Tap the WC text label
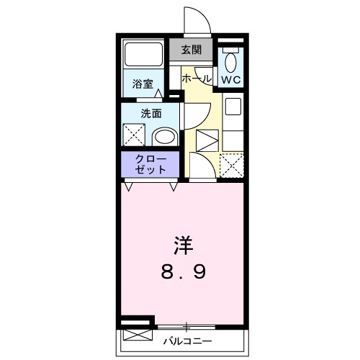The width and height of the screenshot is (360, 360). point(230,79)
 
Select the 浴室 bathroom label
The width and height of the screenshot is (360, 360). point(142,84)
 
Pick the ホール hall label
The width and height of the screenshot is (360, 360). point(196,78)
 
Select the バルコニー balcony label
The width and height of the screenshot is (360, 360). point(186,338)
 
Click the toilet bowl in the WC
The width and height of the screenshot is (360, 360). point(230,59)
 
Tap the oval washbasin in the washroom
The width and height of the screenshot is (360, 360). point(165,136)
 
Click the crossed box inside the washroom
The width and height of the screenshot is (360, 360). point(134,135)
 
